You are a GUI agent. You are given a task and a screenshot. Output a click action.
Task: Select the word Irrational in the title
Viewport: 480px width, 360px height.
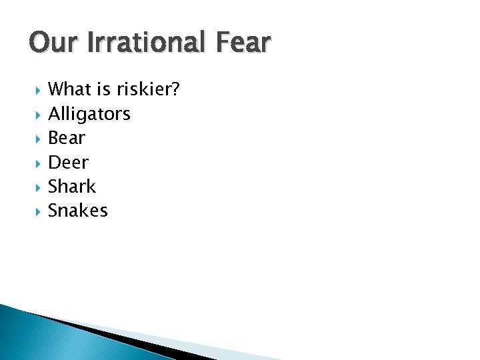139,43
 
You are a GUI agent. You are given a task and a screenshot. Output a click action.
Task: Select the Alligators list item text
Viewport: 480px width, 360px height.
89,114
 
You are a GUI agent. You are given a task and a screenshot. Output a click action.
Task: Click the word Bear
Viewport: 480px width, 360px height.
67,138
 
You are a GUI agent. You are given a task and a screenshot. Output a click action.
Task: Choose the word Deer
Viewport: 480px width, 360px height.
68,162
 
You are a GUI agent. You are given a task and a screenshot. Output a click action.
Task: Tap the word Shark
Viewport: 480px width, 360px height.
72,186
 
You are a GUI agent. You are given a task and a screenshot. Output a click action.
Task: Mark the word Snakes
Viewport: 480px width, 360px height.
77,211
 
